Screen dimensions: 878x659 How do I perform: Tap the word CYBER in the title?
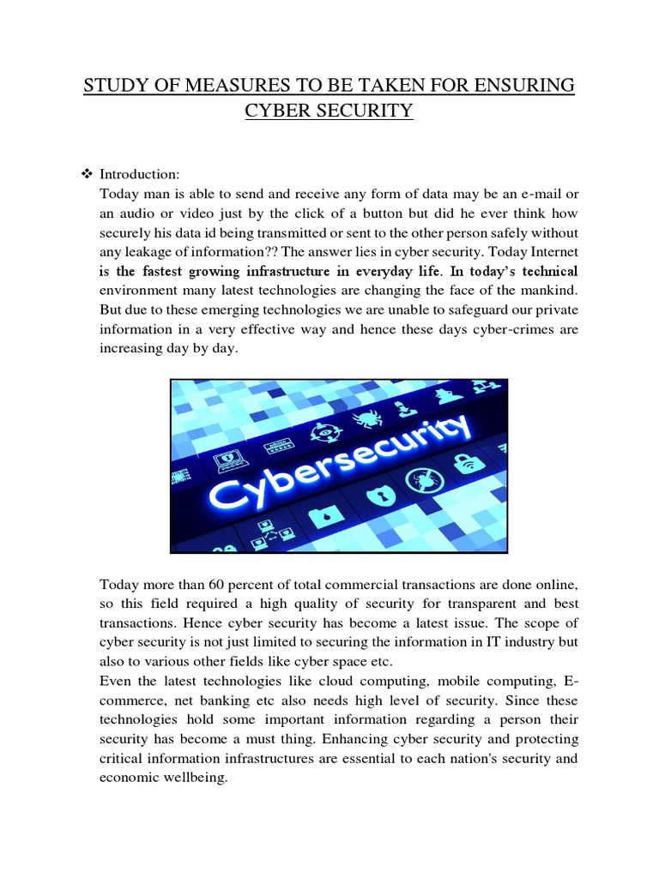click(x=284, y=111)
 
